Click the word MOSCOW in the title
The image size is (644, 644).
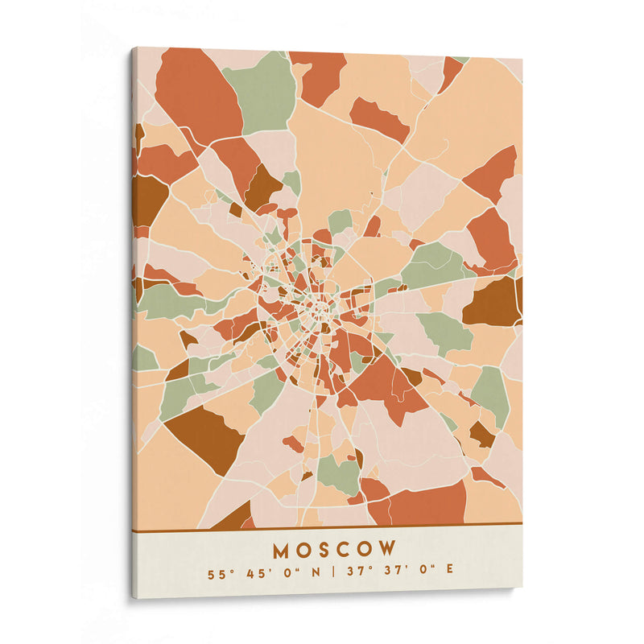coord(334,550)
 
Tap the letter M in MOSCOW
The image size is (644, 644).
coord(282,550)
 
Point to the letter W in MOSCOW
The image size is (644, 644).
coord(387,550)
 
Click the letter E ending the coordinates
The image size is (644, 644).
coord(449,573)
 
